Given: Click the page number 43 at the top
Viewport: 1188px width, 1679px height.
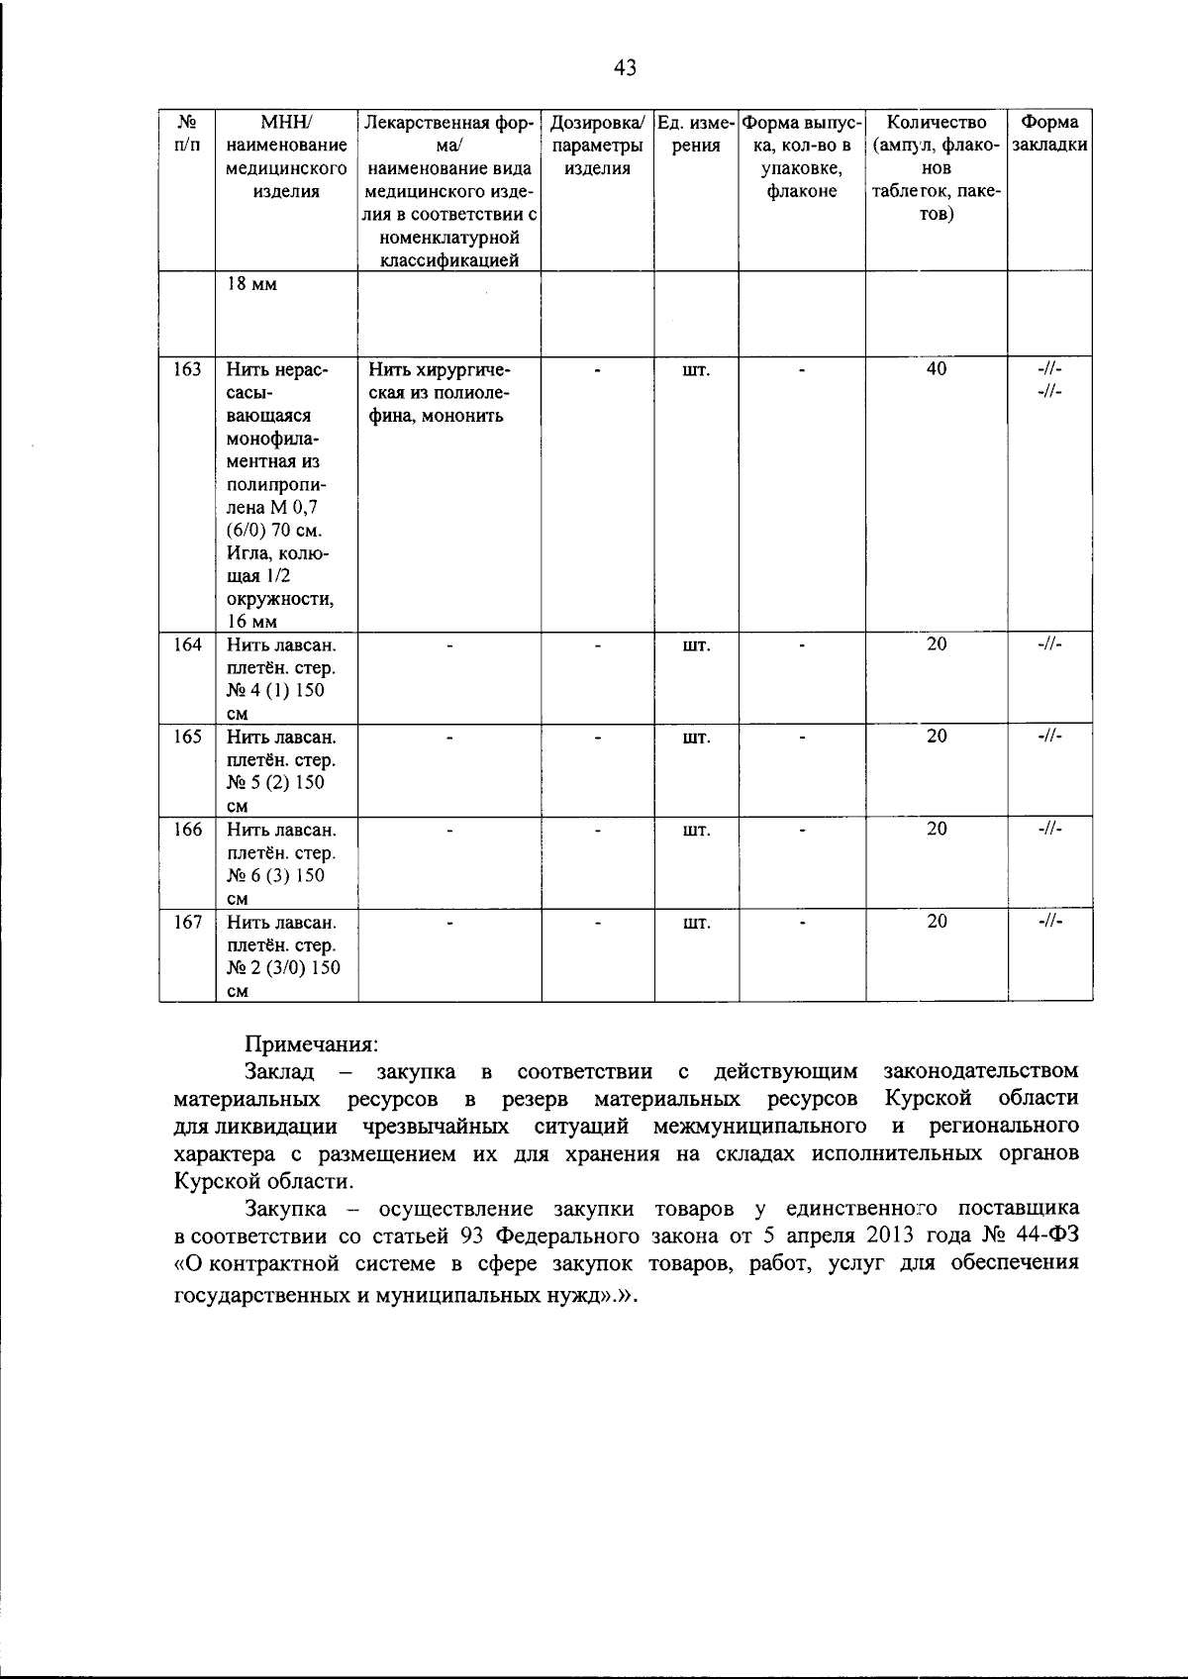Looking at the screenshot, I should pyautogui.click(x=624, y=68).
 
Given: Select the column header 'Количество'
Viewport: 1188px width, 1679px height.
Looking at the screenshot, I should pyautogui.click(x=936, y=123).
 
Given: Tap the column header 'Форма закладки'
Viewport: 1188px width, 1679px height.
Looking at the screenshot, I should pyautogui.click(x=1049, y=134).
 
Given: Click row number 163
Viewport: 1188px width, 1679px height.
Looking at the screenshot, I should pyautogui.click(x=187, y=369).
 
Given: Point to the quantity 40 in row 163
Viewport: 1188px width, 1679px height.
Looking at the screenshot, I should pyautogui.click(x=936, y=369).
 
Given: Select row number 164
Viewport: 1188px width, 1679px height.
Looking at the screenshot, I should pyautogui.click(x=187, y=644).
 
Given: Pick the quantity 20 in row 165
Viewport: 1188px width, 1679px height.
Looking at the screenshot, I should pyautogui.click(x=936, y=737).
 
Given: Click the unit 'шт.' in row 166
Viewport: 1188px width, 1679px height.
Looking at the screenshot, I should pyautogui.click(x=696, y=830).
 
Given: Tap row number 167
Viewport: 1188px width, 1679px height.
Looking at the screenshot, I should pyautogui.click(x=187, y=922).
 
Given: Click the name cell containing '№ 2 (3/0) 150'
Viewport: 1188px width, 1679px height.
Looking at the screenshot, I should pyautogui.click(x=283, y=956).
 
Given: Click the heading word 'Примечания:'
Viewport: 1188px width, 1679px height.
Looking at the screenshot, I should pyautogui.click(x=312, y=1043).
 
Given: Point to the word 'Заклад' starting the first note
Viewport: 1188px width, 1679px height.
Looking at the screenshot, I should pyautogui.click(x=279, y=1071).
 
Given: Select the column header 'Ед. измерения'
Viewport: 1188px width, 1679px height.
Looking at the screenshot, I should pyautogui.click(x=696, y=134).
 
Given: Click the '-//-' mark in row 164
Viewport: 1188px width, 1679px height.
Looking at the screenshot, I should pyautogui.click(x=1049, y=644).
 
